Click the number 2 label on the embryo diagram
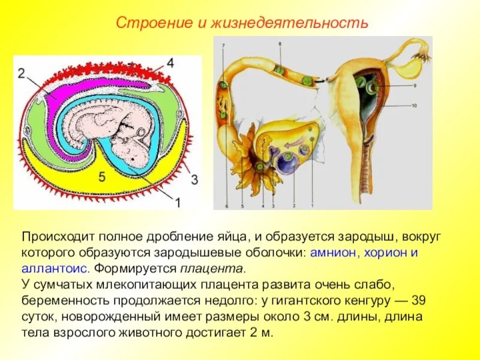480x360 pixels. (21, 73)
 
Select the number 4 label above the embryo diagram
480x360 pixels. (170, 62)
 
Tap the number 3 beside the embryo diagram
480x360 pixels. (194, 178)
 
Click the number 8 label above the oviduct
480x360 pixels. (280, 44)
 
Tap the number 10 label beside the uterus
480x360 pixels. (414, 106)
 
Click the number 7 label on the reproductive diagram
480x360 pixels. (223, 46)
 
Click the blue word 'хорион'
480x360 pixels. (383, 253)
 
